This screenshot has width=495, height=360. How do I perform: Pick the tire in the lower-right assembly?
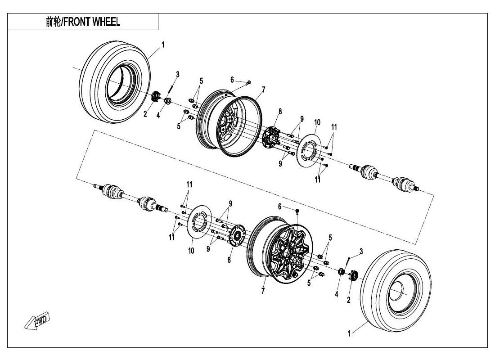(x=396, y=288)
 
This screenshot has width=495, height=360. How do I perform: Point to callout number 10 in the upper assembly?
(x=317, y=122)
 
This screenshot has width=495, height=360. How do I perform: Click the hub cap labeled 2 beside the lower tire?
(x=352, y=275)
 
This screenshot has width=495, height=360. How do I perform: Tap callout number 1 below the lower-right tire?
(x=349, y=333)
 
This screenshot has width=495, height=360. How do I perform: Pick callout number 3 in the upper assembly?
(x=177, y=74)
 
